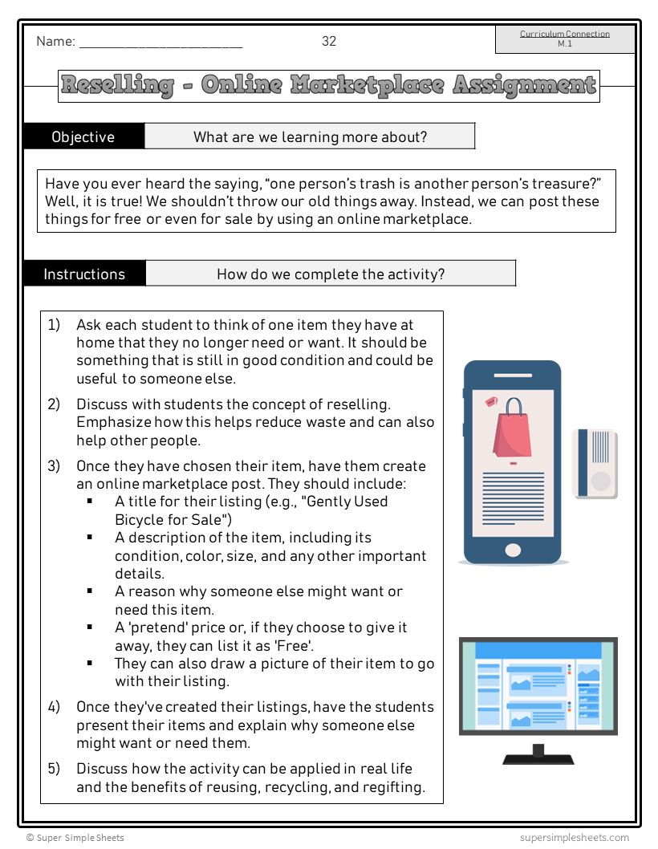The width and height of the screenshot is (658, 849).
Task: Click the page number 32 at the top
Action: coord(329,42)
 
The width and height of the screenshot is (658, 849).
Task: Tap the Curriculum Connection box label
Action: coord(565,35)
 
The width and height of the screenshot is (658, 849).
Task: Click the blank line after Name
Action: coord(160,43)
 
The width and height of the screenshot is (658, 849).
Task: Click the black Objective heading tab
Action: coord(83,136)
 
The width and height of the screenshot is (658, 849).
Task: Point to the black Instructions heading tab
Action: coord(84,274)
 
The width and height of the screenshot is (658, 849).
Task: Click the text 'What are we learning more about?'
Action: coord(310,136)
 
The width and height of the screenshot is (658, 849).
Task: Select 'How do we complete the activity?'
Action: coord(331,274)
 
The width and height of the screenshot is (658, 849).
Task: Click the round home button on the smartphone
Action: coord(512,550)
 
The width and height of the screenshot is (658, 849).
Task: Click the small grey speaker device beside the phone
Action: coord(595,463)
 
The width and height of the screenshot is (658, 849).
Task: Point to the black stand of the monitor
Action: coord(538,754)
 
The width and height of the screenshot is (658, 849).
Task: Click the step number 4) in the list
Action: coord(54,707)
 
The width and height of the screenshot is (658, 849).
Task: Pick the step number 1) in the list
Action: coord(54,325)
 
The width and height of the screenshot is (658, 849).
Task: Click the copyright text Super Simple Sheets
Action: coord(75,838)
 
